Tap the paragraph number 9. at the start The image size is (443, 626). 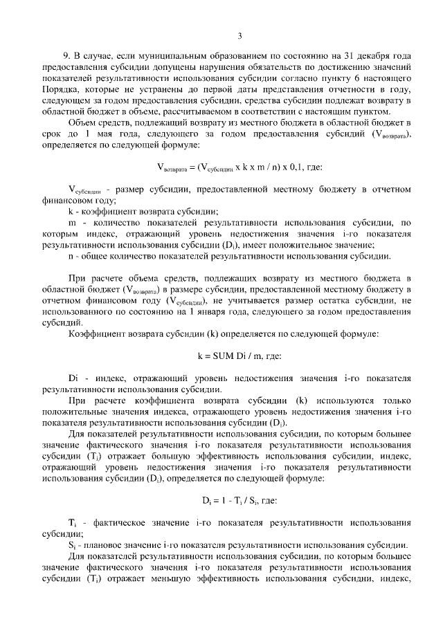pos(66,55)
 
